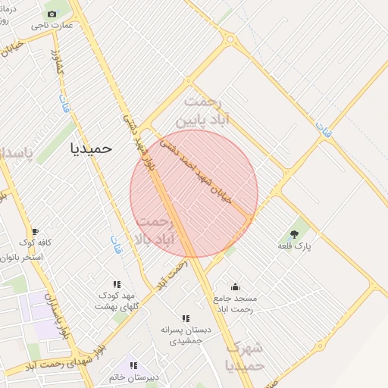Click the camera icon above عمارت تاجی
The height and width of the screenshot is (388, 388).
tap(52, 14)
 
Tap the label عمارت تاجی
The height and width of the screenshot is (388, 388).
tap(58, 26)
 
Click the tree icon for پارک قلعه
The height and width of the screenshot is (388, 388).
tap(294, 234)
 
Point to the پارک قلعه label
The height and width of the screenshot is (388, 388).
tap(295, 246)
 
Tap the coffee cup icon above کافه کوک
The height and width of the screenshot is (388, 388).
tap(34, 232)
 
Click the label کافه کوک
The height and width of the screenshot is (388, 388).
tap(35, 243)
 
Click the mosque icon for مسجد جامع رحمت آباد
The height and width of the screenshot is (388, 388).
tap(235, 287)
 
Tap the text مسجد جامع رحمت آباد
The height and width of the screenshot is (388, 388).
tap(236, 303)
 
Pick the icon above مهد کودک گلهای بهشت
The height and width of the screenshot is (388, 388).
tap(116, 284)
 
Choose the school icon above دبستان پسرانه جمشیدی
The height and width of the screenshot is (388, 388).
tap(186, 318)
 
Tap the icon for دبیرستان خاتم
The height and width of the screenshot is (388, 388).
tap(133, 365)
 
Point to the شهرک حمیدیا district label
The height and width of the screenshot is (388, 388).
tap(245, 357)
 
